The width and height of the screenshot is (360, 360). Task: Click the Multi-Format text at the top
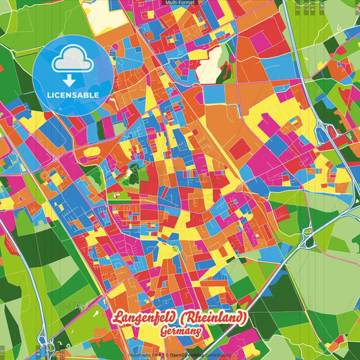point(180,3)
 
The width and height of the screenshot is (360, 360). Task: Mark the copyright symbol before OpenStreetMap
point(165,355)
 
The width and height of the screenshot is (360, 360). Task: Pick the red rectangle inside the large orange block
point(240,148)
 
